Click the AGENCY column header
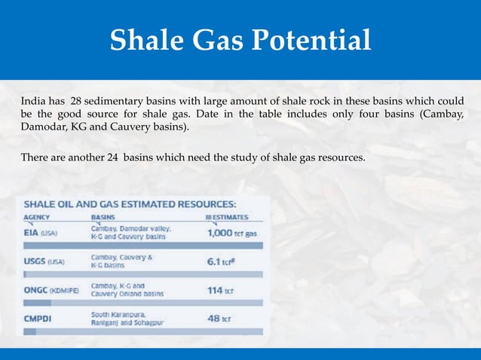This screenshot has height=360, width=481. [37, 216]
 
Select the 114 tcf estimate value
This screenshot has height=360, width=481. [219, 289]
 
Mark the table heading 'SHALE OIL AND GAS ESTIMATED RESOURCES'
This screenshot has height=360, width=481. [130, 203]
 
